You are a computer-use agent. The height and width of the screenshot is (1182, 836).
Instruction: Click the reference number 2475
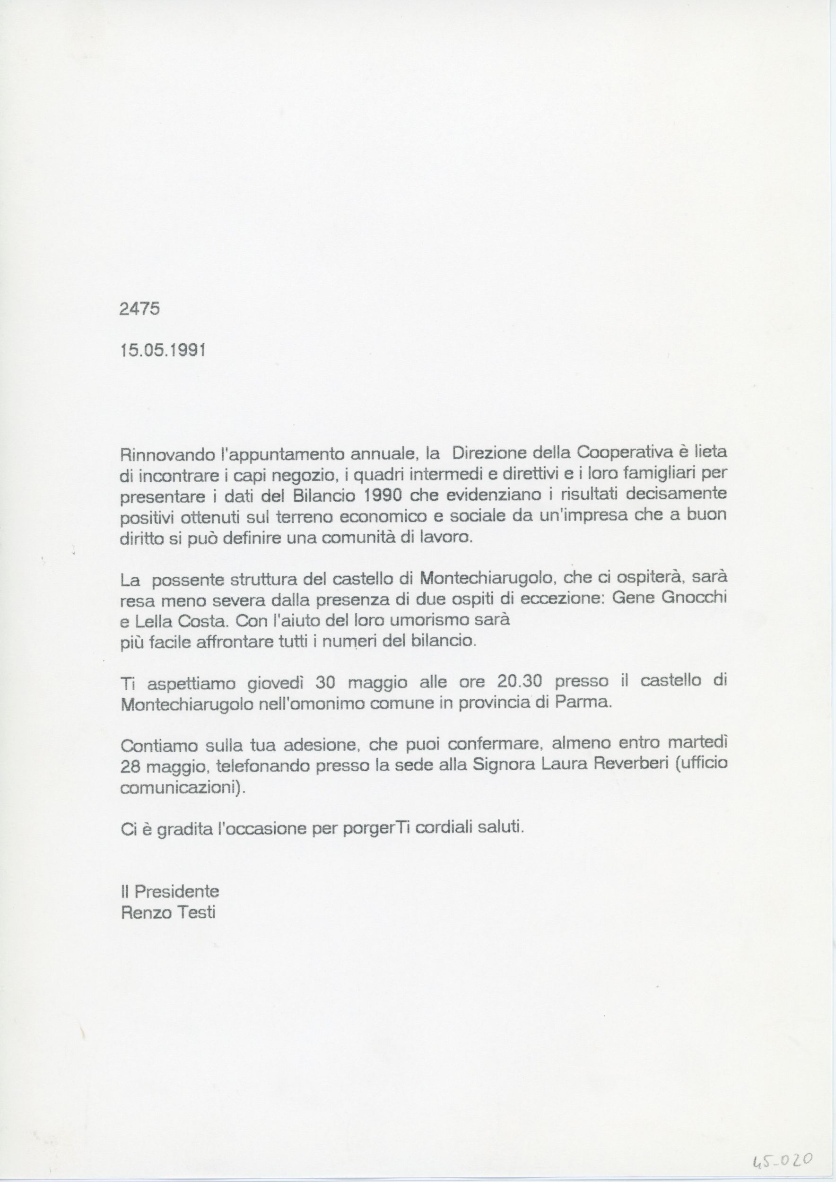click(139, 308)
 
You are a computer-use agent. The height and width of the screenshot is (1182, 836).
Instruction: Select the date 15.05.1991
click(163, 351)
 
